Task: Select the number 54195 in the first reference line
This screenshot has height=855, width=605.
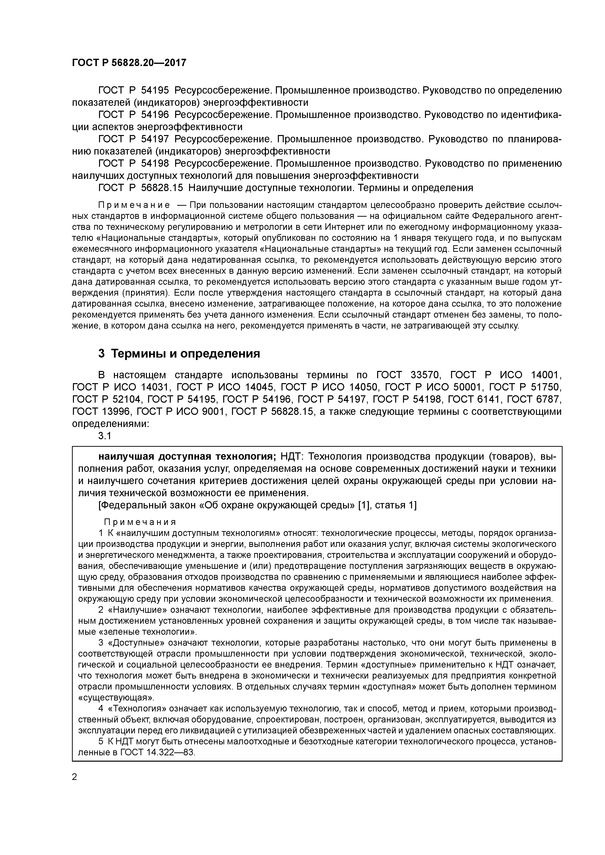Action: click(x=155, y=90)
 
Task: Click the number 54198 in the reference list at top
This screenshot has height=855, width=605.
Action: click(x=155, y=164)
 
